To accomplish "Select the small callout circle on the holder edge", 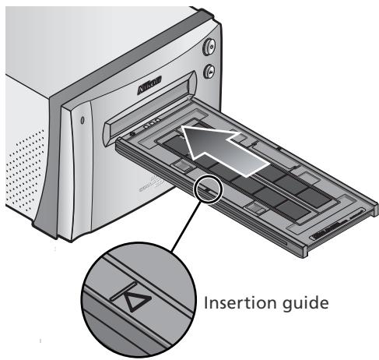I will tap(208, 188).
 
